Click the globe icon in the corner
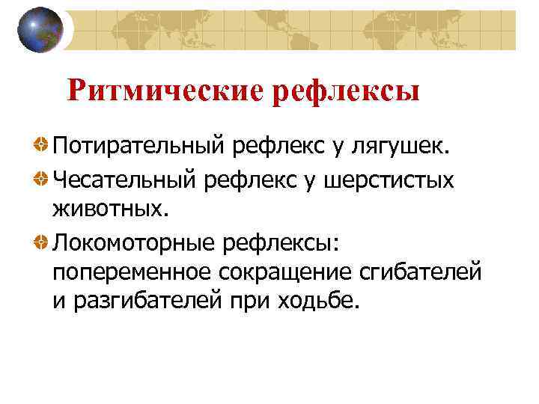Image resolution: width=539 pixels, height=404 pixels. point(40,30)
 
